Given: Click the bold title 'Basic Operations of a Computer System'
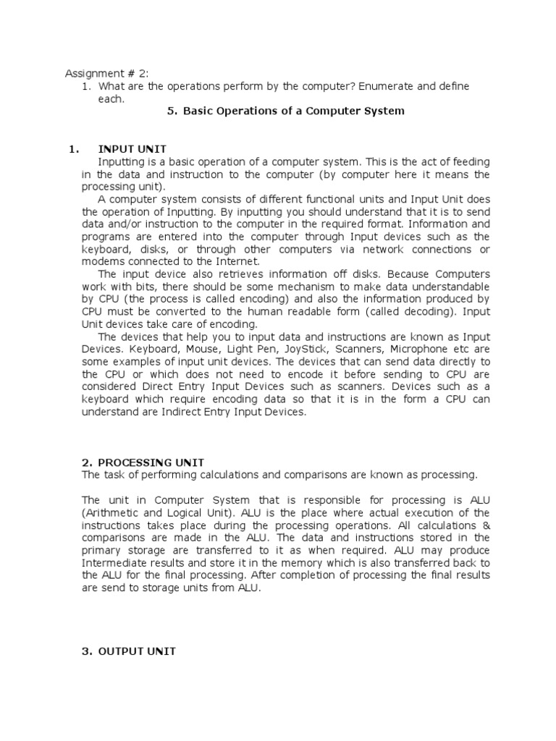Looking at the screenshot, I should tap(293, 111).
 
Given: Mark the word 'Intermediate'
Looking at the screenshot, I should tap(115, 562).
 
